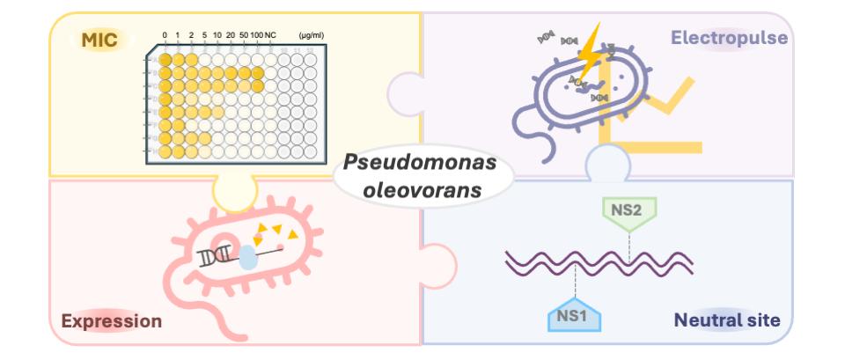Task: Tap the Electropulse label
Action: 729,38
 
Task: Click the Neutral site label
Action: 727,320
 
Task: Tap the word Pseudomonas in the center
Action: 420,163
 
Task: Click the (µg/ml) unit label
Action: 312,35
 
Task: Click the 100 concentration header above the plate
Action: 256,35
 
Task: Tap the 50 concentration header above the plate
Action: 243,35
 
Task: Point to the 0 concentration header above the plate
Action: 164,35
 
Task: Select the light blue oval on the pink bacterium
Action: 249,257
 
